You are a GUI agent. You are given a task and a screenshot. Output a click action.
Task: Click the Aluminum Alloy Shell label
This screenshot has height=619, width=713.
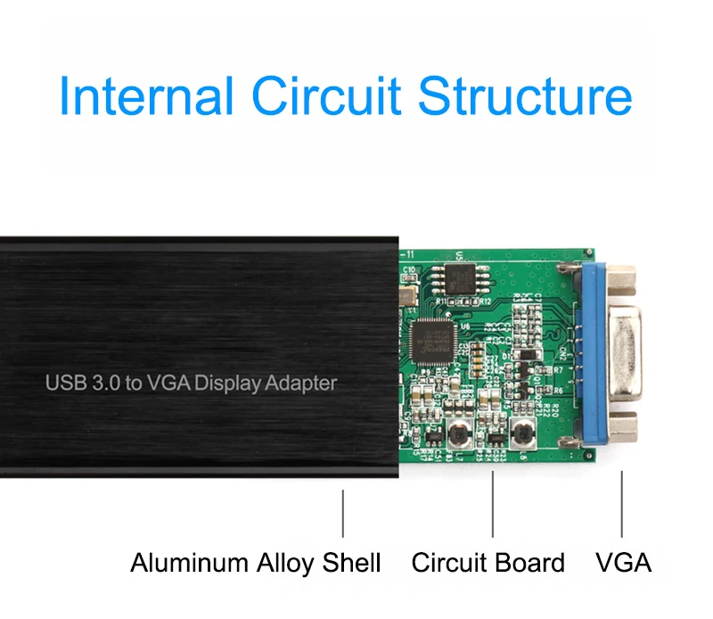pos(255,563)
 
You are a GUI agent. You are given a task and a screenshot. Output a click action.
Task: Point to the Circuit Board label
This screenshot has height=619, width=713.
pos(488,563)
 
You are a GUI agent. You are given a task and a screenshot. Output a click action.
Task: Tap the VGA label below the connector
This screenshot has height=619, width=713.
pos(623,563)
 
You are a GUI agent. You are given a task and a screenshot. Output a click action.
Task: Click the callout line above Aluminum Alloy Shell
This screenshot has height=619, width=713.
pos(343,513)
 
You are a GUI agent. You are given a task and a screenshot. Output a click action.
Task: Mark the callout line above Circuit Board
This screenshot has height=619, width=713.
pos(493,504)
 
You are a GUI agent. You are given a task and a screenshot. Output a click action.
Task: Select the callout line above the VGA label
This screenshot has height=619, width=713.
pos(622,504)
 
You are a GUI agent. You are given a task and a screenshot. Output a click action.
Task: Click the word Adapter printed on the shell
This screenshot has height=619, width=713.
pos(304,384)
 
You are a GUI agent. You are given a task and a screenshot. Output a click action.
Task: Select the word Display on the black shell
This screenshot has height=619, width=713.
pos(230,384)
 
